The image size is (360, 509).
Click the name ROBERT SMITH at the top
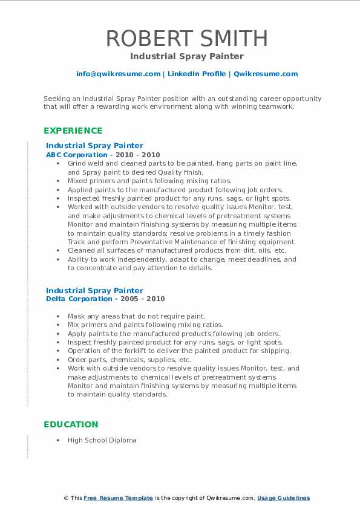pos(187,38)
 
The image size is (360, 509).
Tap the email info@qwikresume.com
pos(118,74)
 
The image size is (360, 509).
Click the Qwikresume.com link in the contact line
pos(266,74)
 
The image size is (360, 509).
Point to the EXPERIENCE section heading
pos(73,131)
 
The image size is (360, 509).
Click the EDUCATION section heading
pos(71,424)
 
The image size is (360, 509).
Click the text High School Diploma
pos(102,440)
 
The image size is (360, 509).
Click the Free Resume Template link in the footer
pos(118,498)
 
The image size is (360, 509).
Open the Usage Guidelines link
pos(283,498)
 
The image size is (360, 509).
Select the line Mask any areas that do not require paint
pos(136,316)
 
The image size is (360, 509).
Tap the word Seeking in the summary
pos(55,98)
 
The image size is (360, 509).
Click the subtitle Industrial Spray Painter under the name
pos(187,56)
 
